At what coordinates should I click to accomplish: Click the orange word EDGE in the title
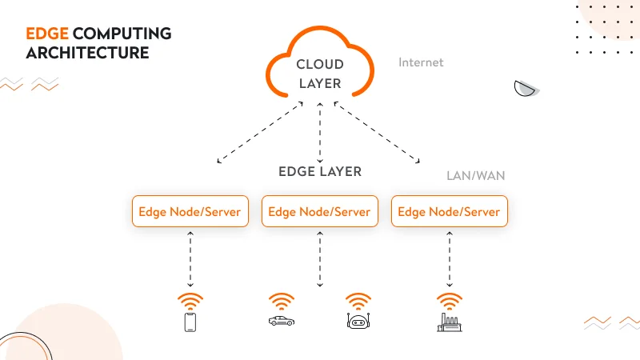click(47, 34)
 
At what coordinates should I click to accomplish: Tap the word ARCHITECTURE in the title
click(87, 53)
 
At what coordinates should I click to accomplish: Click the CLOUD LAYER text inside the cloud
click(319, 74)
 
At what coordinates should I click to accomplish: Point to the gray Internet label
click(421, 62)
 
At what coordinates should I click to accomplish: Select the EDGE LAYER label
click(320, 171)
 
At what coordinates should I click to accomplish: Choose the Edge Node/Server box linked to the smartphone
click(190, 212)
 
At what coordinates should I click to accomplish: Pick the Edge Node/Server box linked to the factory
click(449, 212)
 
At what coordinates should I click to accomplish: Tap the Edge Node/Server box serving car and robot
click(319, 212)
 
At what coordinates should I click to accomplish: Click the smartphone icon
click(190, 322)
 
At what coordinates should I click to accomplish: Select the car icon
click(281, 321)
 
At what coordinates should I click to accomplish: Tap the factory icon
click(449, 322)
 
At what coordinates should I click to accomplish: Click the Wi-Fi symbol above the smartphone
click(190, 302)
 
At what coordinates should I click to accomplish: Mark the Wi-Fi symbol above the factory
click(449, 302)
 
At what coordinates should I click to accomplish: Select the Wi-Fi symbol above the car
click(281, 302)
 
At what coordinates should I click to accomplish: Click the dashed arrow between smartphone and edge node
click(190, 259)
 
